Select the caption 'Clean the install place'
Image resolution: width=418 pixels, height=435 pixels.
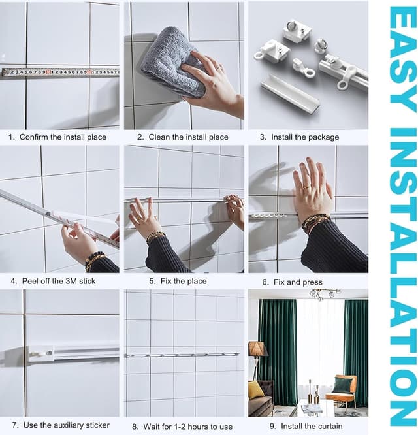coord(182,137)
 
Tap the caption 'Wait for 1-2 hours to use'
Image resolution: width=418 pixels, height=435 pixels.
coord(182,427)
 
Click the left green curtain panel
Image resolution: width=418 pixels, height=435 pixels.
coord(277,346)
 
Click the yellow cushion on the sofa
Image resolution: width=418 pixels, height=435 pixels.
coord(256,390)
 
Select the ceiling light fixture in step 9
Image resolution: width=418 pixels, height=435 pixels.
coord(325,295)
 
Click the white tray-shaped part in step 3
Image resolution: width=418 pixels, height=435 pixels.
coord(289,93)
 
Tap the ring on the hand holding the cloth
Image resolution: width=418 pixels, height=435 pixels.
coord(219,67)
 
